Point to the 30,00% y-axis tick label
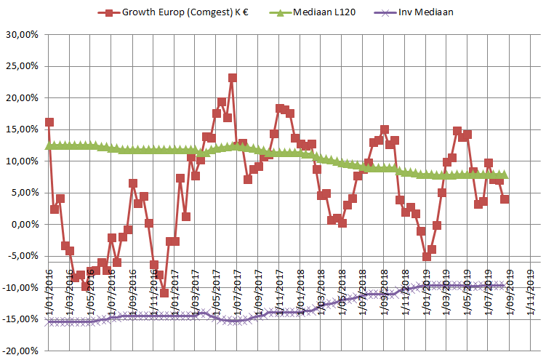[x=23, y=34]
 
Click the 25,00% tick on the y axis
[x=23, y=66]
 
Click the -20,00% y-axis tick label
[x=22, y=351]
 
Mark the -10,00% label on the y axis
[x=22, y=288]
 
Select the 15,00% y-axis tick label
[x=23, y=129]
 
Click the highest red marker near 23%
[x=232, y=78]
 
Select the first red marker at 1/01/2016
[x=49, y=122]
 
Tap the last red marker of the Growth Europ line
[x=505, y=199]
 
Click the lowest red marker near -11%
[x=164, y=293]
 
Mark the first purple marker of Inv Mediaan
[x=49, y=321]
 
